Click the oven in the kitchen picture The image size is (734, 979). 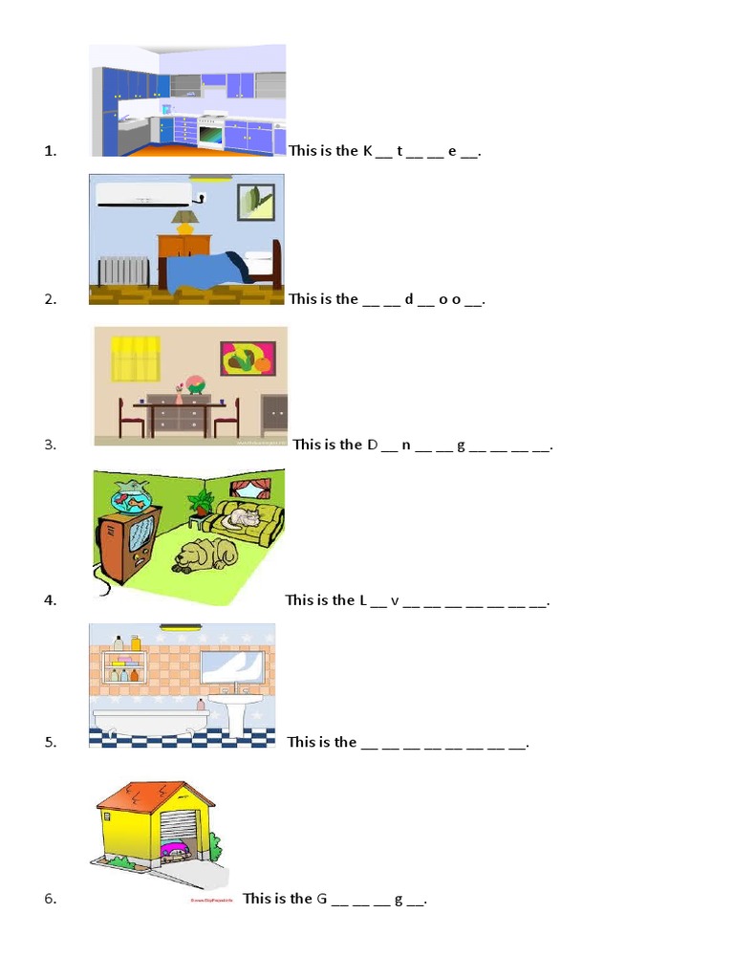click(211, 133)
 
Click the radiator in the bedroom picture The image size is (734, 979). click(124, 271)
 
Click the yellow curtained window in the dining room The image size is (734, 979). click(136, 358)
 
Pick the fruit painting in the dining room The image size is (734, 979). click(248, 359)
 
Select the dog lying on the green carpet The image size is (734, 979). click(205, 555)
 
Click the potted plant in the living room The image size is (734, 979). click(202, 503)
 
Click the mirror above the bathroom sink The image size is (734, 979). click(231, 665)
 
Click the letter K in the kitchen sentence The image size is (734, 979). click(368, 150)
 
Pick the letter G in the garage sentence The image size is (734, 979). click(322, 899)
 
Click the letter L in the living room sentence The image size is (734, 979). click(363, 600)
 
